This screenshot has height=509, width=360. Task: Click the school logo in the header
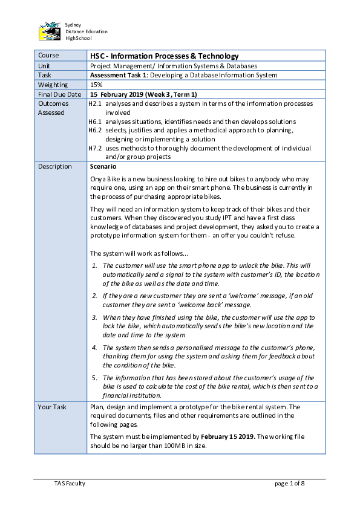coord(50,31)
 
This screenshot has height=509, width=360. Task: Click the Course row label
coord(48,56)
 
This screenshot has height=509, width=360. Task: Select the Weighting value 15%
coord(96,85)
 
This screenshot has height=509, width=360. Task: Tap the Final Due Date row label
coord(59,94)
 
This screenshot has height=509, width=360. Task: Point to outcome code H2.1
coord(94,104)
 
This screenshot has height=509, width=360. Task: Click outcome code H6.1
coord(94,122)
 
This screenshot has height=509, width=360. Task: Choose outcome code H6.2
coord(94,130)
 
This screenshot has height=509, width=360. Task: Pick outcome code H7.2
coord(94,148)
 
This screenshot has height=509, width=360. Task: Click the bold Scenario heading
coord(103,166)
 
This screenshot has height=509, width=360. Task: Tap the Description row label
coord(55,166)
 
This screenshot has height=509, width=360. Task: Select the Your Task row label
coord(52,407)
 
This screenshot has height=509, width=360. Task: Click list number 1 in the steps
coord(94,265)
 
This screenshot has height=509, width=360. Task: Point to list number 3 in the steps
coord(94,317)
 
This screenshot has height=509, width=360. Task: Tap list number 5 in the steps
coord(94,378)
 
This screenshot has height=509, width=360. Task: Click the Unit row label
coord(44,66)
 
